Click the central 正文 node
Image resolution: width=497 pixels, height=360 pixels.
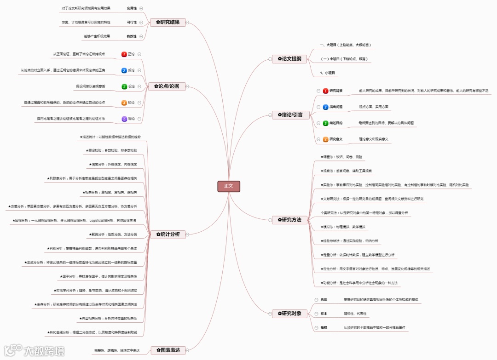coord(229,186)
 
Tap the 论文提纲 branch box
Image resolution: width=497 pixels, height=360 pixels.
coord(289,59)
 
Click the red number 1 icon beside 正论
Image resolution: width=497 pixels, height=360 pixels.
coord(124,54)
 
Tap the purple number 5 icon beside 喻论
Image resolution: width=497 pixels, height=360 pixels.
coord(124,119)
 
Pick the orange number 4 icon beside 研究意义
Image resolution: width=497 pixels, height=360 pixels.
coord(326,139)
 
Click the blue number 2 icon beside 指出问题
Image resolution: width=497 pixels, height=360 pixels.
coord(326,107)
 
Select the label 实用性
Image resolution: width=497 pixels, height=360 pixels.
coord(132,8)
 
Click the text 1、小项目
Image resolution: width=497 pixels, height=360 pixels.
coord(328,73)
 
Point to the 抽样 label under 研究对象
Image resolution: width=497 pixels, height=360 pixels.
coord(324,328)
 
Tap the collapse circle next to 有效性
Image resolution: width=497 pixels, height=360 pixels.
coord(141,36)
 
